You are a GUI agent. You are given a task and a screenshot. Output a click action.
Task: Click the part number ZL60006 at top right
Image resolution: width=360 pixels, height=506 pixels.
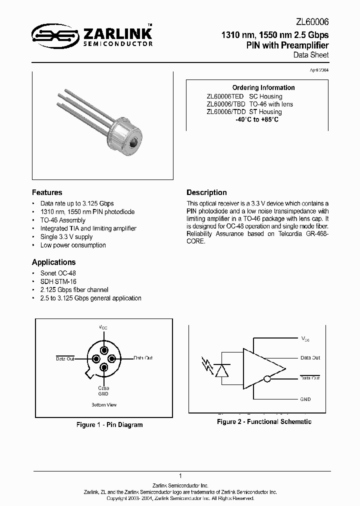click(x=312, y=21)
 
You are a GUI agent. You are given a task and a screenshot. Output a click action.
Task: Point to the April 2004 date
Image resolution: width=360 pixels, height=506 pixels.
click(x=319, y=70)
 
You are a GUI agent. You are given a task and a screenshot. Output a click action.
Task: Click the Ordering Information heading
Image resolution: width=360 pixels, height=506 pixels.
click(x=263, y=87)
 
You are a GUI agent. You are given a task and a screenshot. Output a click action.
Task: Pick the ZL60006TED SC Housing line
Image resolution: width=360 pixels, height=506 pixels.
click(x=244, y=96)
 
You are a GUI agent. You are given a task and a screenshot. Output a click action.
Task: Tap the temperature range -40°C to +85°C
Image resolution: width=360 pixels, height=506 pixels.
click(x=257, y=120)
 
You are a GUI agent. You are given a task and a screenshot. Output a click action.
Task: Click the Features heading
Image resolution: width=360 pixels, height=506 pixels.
click(x=47, y=192)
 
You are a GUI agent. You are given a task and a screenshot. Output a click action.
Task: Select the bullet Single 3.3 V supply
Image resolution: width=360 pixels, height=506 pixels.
click(x=66, y=237)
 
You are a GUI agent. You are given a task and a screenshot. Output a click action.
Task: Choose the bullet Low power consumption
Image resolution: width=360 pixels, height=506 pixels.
click(x=73, y=245)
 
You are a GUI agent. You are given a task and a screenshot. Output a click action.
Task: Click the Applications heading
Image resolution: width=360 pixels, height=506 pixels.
click(x=53, y=262)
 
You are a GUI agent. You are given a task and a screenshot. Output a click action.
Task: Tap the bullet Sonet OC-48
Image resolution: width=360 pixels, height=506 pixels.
click(x=58, y=273)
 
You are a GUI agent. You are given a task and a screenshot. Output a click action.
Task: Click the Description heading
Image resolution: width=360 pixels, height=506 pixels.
click(x=206, y=192)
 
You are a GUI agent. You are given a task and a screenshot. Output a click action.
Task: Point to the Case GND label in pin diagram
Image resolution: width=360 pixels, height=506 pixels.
click(x=103, y=391)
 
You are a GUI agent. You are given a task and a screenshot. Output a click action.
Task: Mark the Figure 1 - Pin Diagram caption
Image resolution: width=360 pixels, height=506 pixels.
click(x=109, y=424)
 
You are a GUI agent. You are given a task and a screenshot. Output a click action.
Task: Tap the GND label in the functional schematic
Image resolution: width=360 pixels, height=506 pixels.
click(x=305, y=399)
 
